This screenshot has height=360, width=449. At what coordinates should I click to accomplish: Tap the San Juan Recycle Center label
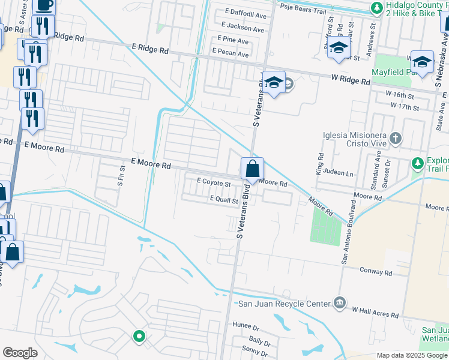(284, 304)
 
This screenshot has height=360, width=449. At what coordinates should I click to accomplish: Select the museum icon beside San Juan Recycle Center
(340, 302)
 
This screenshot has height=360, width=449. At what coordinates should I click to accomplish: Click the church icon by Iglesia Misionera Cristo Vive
(395, 139)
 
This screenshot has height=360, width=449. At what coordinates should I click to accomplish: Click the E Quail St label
(224, 199)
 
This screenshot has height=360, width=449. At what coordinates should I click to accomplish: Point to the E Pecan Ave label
(230, 54)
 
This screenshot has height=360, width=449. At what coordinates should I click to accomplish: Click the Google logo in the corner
(20, 352)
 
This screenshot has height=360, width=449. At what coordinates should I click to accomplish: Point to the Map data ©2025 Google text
(411, 355)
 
